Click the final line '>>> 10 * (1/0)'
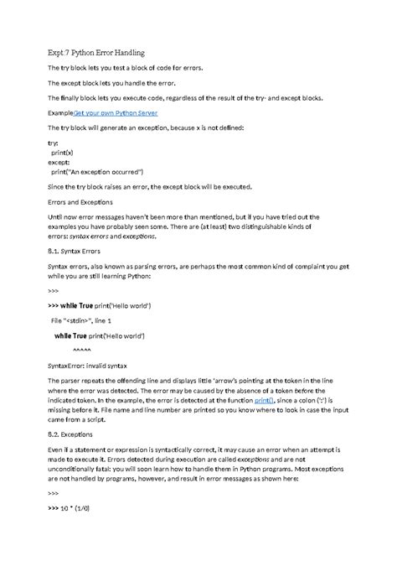(x=80, y=507)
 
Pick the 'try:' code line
(x=54, y=143)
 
